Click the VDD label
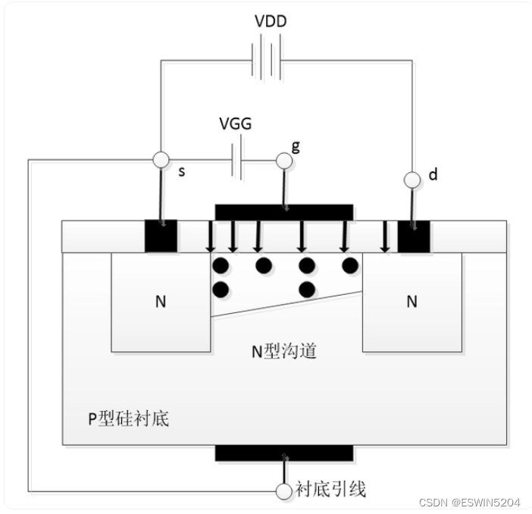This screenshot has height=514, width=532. pos(270,21)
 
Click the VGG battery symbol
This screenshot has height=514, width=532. pos(236,161)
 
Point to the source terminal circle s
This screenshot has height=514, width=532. pos(161,160)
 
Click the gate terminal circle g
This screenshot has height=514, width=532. pos(283,160)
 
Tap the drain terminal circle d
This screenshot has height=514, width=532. pos(412,180)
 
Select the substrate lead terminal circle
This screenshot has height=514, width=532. pos(284,490)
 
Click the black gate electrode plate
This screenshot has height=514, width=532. pos(284,210)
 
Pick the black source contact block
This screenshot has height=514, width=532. pos(161,235)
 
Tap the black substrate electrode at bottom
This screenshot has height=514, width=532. pos(284,453)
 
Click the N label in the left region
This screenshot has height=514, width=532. pos(161,302)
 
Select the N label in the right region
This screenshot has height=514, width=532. pos(412,302)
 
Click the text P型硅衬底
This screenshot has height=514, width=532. pos(127,418)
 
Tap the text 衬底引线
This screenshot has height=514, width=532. pos(330,490)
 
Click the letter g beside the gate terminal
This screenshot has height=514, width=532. pos(296,145)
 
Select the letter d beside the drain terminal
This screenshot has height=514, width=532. pos(433,175)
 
